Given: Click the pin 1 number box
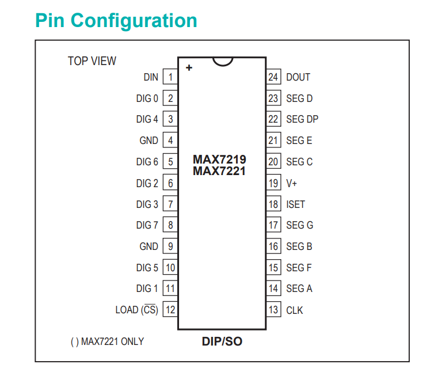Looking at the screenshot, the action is [x=170, y=77].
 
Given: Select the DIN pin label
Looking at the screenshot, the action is [x=151, y=77].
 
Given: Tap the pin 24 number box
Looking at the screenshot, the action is [x=273, y=77].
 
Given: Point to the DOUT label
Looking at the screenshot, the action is [x=298, y=77].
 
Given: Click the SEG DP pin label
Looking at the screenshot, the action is [x=302, y=119].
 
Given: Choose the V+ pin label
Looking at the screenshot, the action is [x=291, y=183].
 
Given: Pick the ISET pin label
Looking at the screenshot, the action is [x=296, y=204].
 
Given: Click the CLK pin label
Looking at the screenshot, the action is [x=295, y=310].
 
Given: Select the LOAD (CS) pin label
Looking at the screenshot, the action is [x=137, y=310].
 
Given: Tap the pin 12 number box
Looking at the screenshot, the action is [x=170, y=310].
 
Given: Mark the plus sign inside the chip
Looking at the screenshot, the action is [x=189, y=67].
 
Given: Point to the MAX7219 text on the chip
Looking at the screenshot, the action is [x=219, y=160].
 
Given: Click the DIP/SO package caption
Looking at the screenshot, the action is [x=222, y=342].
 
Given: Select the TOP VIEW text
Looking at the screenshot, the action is [x=92, y=61].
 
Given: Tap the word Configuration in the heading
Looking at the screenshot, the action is [x=134, y=21].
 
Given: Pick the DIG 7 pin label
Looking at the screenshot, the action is [x=147, y=225].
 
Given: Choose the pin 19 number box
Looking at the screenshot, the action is [x=273, y=183].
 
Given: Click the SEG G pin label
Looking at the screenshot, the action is [x=300, y=225].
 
